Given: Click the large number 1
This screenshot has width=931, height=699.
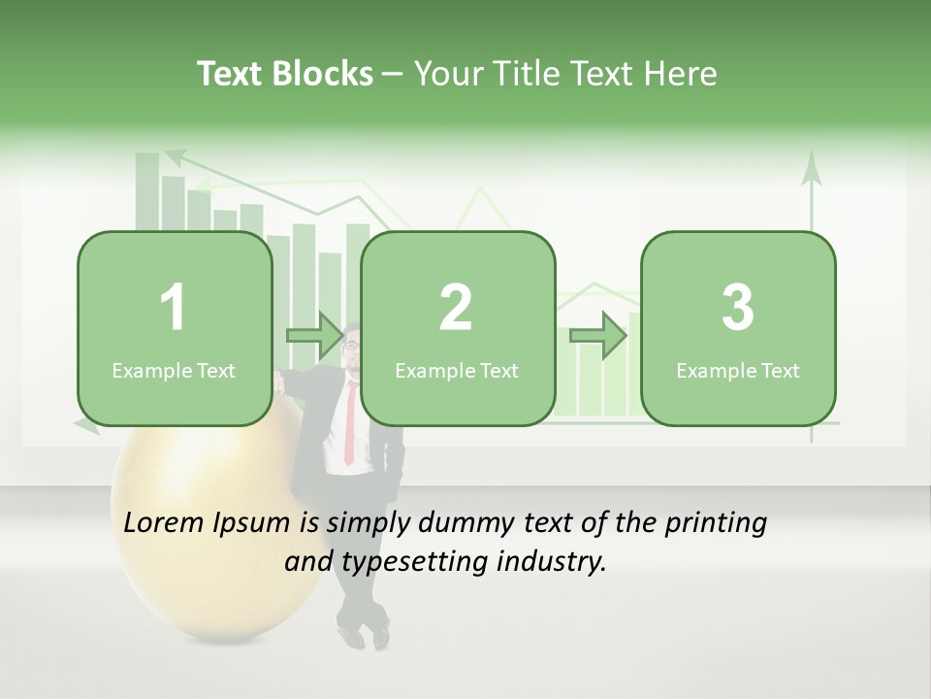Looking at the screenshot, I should pyautogui.click(x=174, y=308).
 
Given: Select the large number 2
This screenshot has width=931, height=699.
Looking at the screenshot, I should pyautogui.click(x=456, y=308).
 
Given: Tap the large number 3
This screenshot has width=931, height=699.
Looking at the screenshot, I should pyautogui.click(x=738, y=308).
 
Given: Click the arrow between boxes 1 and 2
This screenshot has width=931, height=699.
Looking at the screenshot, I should pyautogui.click(x=315, y=336).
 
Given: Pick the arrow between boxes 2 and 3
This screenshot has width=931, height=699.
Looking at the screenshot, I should pyautogui.click(x=597, y=336).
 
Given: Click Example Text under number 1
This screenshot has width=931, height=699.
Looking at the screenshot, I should pyautogui.click(x=174, y=371).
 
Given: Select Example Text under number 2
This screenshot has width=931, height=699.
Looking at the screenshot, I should pyautogui.click(x=457, y=371).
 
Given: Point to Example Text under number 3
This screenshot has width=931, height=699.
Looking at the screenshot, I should pyautogui.click(x=738, y=371).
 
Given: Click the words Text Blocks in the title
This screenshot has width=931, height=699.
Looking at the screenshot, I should pyautogui.click(x=284, y=74).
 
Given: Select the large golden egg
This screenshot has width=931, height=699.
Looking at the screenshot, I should pyautogui.click(x=194, y=544).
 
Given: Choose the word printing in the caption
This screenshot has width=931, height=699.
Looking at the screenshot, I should pyautogui.click(x=716, y=523).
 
